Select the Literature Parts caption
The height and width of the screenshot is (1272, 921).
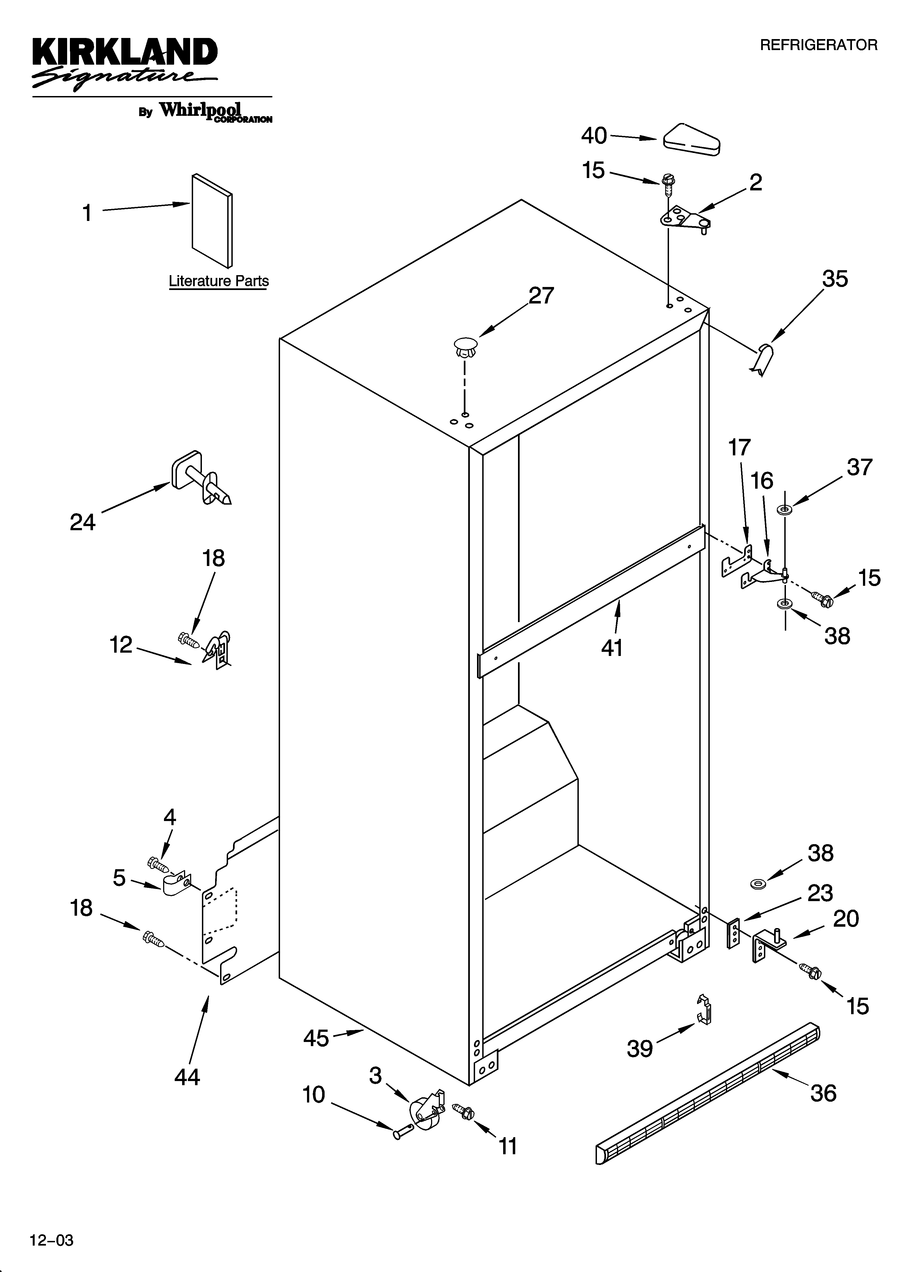219,281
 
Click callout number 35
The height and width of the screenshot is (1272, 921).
835,279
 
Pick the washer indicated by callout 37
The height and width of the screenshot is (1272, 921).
783,510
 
